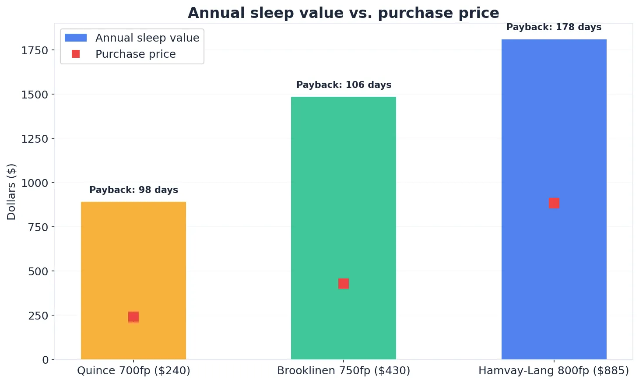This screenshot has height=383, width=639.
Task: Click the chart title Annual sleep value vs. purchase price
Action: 343,13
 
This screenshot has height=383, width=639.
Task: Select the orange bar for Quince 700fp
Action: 133,254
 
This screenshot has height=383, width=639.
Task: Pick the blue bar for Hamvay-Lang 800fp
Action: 554,131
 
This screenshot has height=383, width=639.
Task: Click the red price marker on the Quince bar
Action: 133,316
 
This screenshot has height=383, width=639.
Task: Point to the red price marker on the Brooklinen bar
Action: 344,284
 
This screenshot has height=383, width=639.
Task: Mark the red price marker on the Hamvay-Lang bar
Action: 554,203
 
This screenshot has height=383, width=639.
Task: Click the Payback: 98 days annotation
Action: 133,190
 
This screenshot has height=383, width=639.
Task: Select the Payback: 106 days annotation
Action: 344,85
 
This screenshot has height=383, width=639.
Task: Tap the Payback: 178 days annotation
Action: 554,27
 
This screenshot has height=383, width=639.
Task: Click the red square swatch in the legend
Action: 76,54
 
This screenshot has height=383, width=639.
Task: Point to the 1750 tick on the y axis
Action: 35,50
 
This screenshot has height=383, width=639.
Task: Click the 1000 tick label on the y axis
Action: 35,183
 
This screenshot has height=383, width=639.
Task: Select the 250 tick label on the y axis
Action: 38,316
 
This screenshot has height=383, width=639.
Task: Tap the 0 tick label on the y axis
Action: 46,360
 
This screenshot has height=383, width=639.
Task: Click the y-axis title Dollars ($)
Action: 11,191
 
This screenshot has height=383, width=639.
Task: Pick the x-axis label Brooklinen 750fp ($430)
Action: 344,371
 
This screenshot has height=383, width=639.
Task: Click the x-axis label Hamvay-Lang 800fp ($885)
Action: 554,371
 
